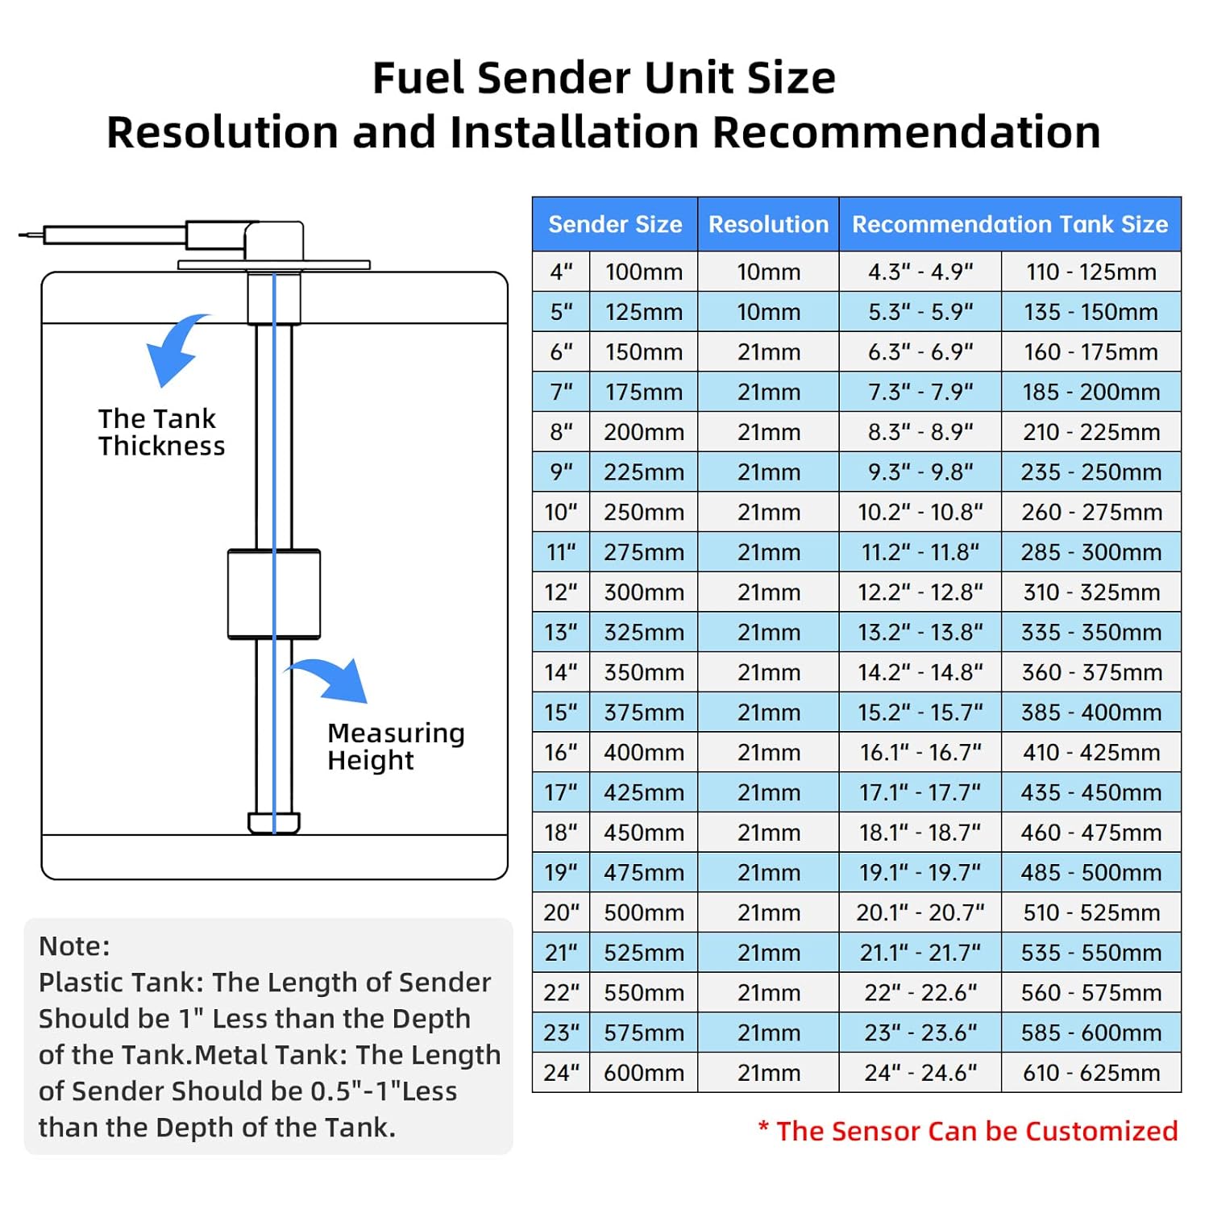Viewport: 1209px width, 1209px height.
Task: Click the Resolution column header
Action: click(768, 224)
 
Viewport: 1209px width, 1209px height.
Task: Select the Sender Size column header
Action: click(615, 224)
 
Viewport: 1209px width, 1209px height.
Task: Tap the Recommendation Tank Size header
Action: click(1010, 224)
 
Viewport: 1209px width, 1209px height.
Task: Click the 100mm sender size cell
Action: click(644, 272)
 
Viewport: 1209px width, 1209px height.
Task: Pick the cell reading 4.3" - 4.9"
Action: click(920, 272)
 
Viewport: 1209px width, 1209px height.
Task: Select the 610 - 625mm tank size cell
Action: click(1091, 1073)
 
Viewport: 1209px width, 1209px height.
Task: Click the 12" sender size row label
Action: click(561, 592)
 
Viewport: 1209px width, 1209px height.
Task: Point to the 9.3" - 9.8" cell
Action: click(920, 472)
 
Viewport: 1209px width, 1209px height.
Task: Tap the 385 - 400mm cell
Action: click(1091, 713)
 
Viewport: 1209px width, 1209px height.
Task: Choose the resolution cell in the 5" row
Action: click(768, 312)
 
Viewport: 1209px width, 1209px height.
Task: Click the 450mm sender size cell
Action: click(644, 833)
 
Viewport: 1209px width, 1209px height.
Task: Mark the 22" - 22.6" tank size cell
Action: click(920, 993)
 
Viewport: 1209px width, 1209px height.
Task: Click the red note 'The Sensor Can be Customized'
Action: click(968, 1131)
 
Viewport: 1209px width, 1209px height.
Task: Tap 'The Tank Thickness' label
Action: click(161, 432)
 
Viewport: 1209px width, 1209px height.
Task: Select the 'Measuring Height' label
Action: click(396, 746)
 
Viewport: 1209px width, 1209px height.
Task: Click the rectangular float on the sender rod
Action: click(274, 594)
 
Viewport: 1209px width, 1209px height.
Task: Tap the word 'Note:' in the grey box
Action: click(74, 945)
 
